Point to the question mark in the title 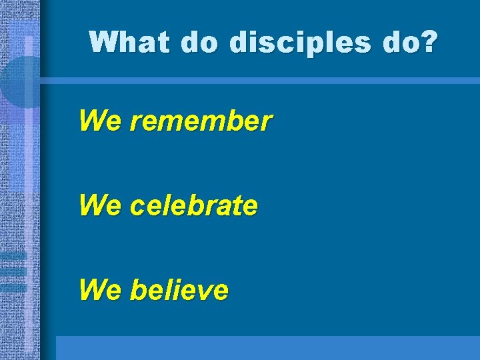pyautogui.click(x=430, y=42)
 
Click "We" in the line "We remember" pyautogui.click(x=100, y=121)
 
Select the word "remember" pyautogui.click(x=201, y=121)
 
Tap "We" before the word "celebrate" pyautogui.click(x=100, y=206)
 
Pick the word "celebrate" pyautogui.click(x=194, y=206)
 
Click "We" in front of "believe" pyautogui.click(x=100, y=290)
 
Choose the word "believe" pyautogui.click(x=179, y=290)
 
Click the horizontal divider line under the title pyautogui.click(x=260, y=81)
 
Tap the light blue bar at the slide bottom pyautogui.click(x=267, y=347)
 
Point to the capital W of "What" pyautogui.click(x=102, y=42)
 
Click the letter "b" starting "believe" pyautogui.click(x=137, y=290)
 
